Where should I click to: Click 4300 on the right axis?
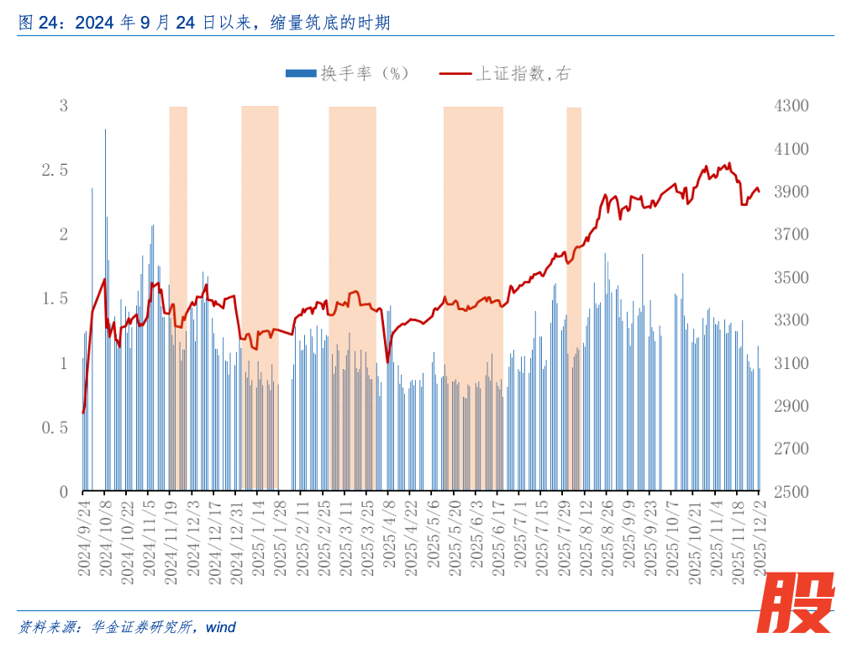pyautogui.click(x=790, y=106)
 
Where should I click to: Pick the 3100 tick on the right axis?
pyautogui.click(x=790, y=363)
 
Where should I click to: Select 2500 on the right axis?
pyautogui.click(x=790, y=492)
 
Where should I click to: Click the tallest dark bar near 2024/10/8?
pyautogui.click(x=105, y=252)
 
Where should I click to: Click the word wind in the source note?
pyautogui.click(x=220, y=627)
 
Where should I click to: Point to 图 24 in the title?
pyautogui.click(x=37, y=24)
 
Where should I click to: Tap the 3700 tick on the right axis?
pyautogui.click(x=790, y=235)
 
